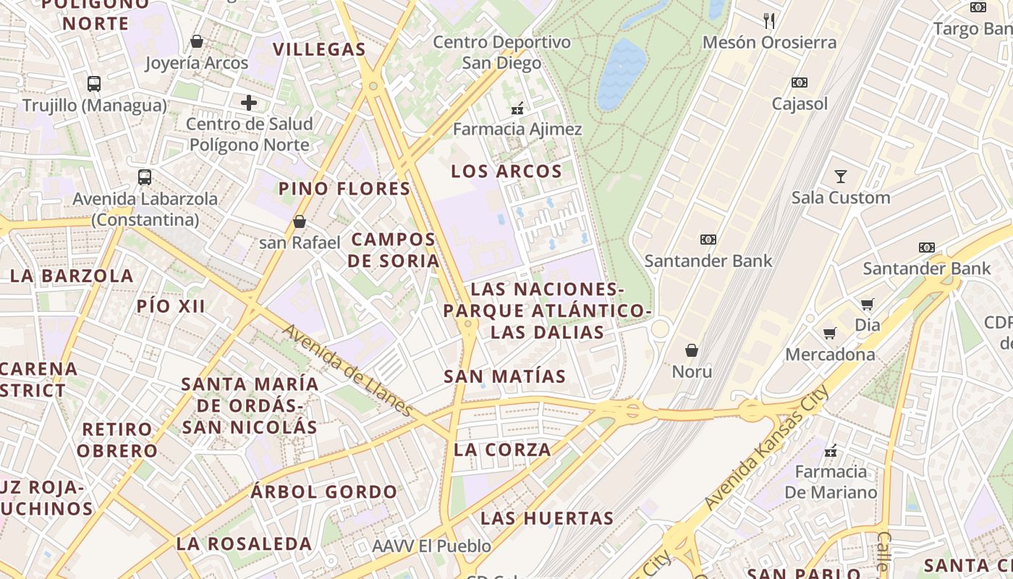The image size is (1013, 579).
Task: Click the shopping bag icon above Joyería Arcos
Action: click(x=196, y=42)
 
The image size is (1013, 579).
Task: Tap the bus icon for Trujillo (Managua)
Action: click(x=94, y=83)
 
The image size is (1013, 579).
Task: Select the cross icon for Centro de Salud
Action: click(x=249, y=103)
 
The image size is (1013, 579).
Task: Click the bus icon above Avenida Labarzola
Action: click(x=145, y=177)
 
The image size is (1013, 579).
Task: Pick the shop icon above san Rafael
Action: click(x=300, y=221)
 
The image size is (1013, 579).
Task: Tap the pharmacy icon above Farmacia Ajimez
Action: click(x=517, y=109)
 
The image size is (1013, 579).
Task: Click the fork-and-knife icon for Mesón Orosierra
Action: click(x=769, y=21)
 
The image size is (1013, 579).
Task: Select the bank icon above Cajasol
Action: click(x=800, y=83)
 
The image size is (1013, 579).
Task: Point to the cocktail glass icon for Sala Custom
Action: click(x=840, y=176)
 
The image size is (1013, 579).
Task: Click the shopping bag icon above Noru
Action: click(x=692, y=350)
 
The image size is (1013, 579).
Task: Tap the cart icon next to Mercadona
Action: click(x=830, y=333)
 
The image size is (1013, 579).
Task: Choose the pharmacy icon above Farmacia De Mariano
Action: click(x=831, y=451)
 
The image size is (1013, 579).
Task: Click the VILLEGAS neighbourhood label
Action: click(x=319, y=49)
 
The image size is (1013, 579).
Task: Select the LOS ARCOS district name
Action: click(x=506, y=172)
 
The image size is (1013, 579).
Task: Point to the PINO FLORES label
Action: click(x=344, y=189)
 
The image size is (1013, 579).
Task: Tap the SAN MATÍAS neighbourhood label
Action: click(x=505, y=376)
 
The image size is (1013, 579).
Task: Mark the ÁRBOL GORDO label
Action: click(x=324, y=492)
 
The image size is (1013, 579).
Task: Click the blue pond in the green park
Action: click(x=621, y=72)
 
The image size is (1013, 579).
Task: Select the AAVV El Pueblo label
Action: click(x=431, y=546)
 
